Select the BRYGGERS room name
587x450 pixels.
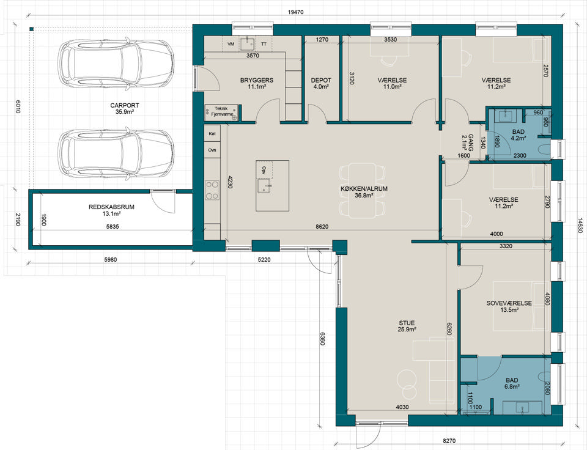click(257, 80)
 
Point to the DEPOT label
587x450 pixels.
click(321, 80)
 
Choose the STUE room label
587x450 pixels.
click(407, 323)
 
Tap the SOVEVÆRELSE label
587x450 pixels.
click(509, 303)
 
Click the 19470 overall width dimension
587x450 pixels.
click(296, 12)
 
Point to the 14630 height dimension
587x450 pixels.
click(580, 226)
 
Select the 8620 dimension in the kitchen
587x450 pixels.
click(322, 226)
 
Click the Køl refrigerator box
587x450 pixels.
click(212, 134)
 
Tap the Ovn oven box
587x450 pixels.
click(212, 150)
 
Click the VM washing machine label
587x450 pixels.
click(231, 44)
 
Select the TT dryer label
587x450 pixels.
click(264, 44)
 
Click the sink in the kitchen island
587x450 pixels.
click(264, 185)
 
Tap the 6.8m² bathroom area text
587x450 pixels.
click(512, 387)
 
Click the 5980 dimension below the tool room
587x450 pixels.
click(111, 259)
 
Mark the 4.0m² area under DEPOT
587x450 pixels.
click(321, 86)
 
